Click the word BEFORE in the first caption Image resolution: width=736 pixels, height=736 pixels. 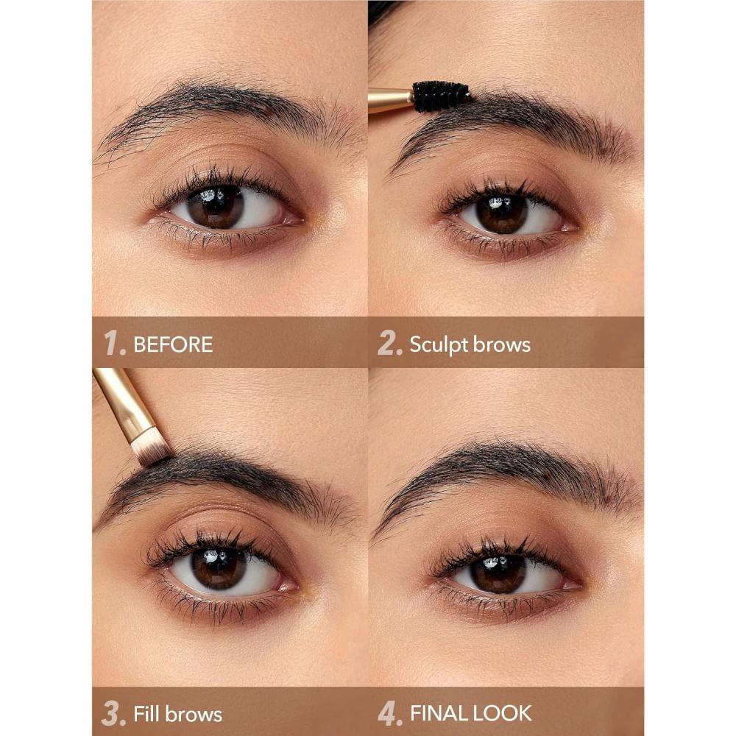pyautogui.click(x=173, y=344)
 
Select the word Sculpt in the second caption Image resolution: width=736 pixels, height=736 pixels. pyautogui.click(x=439, y=345)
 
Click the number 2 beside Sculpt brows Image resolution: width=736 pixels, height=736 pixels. pyautogui.click(x=389, y=342)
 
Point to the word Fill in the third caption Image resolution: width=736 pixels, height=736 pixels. pyautogui.click(x=147, y=713)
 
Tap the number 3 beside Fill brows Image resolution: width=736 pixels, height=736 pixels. pyautogui.click(x=113, y=713)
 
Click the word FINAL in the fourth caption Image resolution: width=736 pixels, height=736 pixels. pyautogui.click(x=439, y=713)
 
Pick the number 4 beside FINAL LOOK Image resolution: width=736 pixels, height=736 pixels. pyautogui.click(x=389, y=713)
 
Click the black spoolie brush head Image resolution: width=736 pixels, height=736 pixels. pyautogui.click(x=441, y=96)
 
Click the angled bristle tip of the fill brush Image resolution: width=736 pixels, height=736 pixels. pyautogui.click(x=151, y=449)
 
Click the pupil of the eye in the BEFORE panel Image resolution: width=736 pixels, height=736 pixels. pyautogui.click(x=216, y=207)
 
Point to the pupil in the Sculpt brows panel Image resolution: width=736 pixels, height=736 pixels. pyautogui.click(x=500, y=214)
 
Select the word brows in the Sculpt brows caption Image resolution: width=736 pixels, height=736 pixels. pyautogui.click(x=501, y=344)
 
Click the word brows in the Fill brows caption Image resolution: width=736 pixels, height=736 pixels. pyautogui.click(x=194, y=713)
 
